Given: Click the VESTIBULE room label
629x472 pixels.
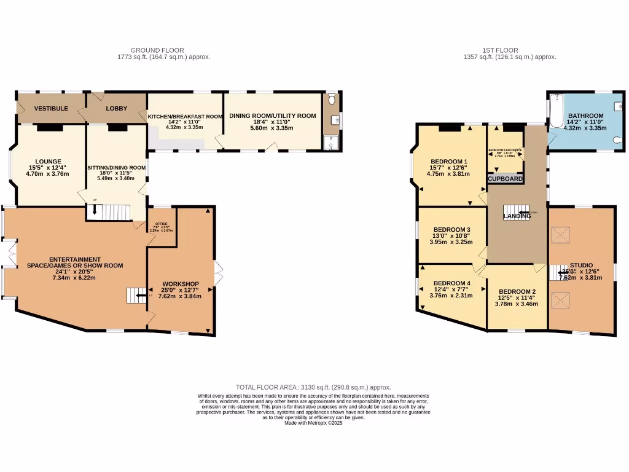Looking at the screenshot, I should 51,108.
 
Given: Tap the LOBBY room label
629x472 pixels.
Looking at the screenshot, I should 117,108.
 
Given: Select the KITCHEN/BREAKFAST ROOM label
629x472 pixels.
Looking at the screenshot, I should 184,116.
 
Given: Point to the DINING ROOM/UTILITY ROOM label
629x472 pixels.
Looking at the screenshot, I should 272,116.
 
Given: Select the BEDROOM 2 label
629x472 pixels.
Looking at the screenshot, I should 517,291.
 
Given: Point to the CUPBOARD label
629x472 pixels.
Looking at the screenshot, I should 506,179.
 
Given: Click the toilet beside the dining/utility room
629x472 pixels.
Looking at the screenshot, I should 332,98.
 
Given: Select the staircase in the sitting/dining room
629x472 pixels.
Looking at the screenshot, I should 112,212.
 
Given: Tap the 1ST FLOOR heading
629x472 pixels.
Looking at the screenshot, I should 500,50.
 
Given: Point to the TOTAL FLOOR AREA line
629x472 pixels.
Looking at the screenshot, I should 313,387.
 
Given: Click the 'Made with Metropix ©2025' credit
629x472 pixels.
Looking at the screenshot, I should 313,423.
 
